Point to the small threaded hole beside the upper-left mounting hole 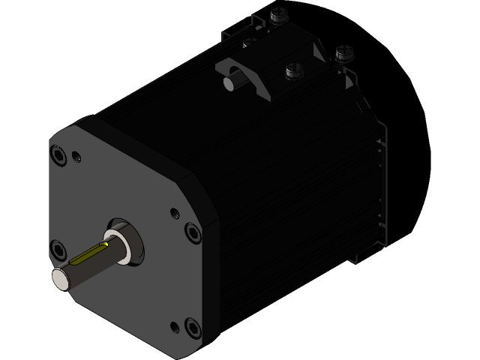[x=76, y=157]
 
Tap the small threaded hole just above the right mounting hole [x=175, y=213]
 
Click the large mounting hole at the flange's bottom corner [x=193, y=328]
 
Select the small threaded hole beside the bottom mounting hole [x=175, y=325]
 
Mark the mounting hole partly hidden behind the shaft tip [x=57, y=247]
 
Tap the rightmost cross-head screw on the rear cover [x=344, y=52]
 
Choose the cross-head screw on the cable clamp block [x=293, y=71]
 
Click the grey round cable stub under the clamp [x=229, y=83]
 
